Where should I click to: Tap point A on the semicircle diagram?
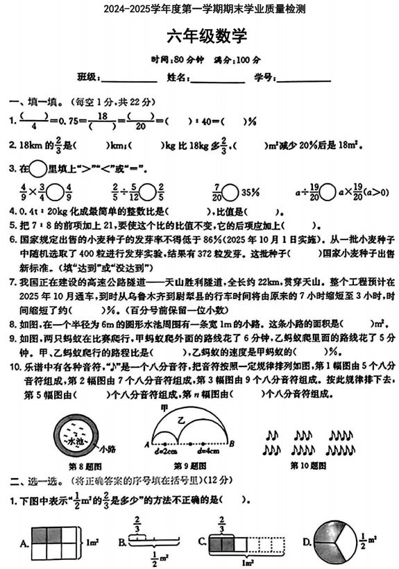[146, 445]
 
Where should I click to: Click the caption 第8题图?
[76, 466]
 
